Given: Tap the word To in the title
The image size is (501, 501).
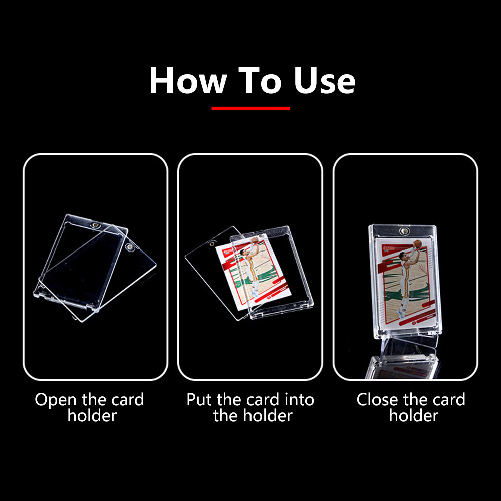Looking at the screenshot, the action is [260, 81].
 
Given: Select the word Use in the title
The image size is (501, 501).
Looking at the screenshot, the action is [324, 81].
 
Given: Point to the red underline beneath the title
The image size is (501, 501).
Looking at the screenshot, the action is [250, 108].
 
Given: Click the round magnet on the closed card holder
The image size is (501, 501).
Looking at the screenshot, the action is [404, 231].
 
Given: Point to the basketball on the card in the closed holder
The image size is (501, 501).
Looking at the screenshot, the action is [418, 244].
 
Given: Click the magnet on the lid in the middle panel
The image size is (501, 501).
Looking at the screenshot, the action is [212, 243].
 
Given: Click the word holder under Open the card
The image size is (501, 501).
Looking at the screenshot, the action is [92, 416].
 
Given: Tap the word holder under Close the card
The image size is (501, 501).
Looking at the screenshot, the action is [414, 416].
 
